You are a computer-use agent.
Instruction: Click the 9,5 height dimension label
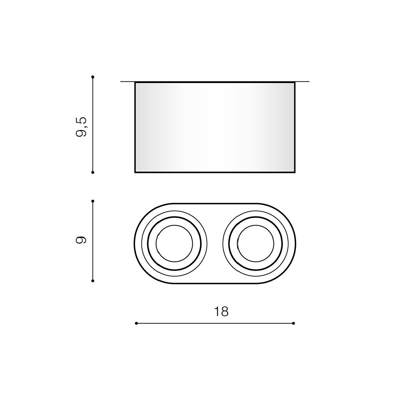pyautogui.click(x=81, y=127)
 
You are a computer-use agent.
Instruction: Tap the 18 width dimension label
pyautogui.click(x=221, y=312)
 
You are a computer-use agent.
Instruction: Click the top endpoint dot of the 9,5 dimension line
pyautogui.click(x=93, y=77)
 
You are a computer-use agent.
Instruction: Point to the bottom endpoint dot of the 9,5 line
pyautogui.click(x=93, y=172)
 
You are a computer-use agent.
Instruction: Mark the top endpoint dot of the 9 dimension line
pyautogui.click(x=93, y=201)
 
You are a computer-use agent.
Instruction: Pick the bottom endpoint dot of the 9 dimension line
pyautogui.click(x=93, y=281)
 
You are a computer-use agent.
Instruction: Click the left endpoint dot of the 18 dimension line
pyautogui.click(x=137, y=323)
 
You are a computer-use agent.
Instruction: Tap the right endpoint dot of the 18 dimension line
pyautogui.click(x=293, y=323)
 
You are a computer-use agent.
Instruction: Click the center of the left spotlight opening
pyautogui.click(x=174, y=244)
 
